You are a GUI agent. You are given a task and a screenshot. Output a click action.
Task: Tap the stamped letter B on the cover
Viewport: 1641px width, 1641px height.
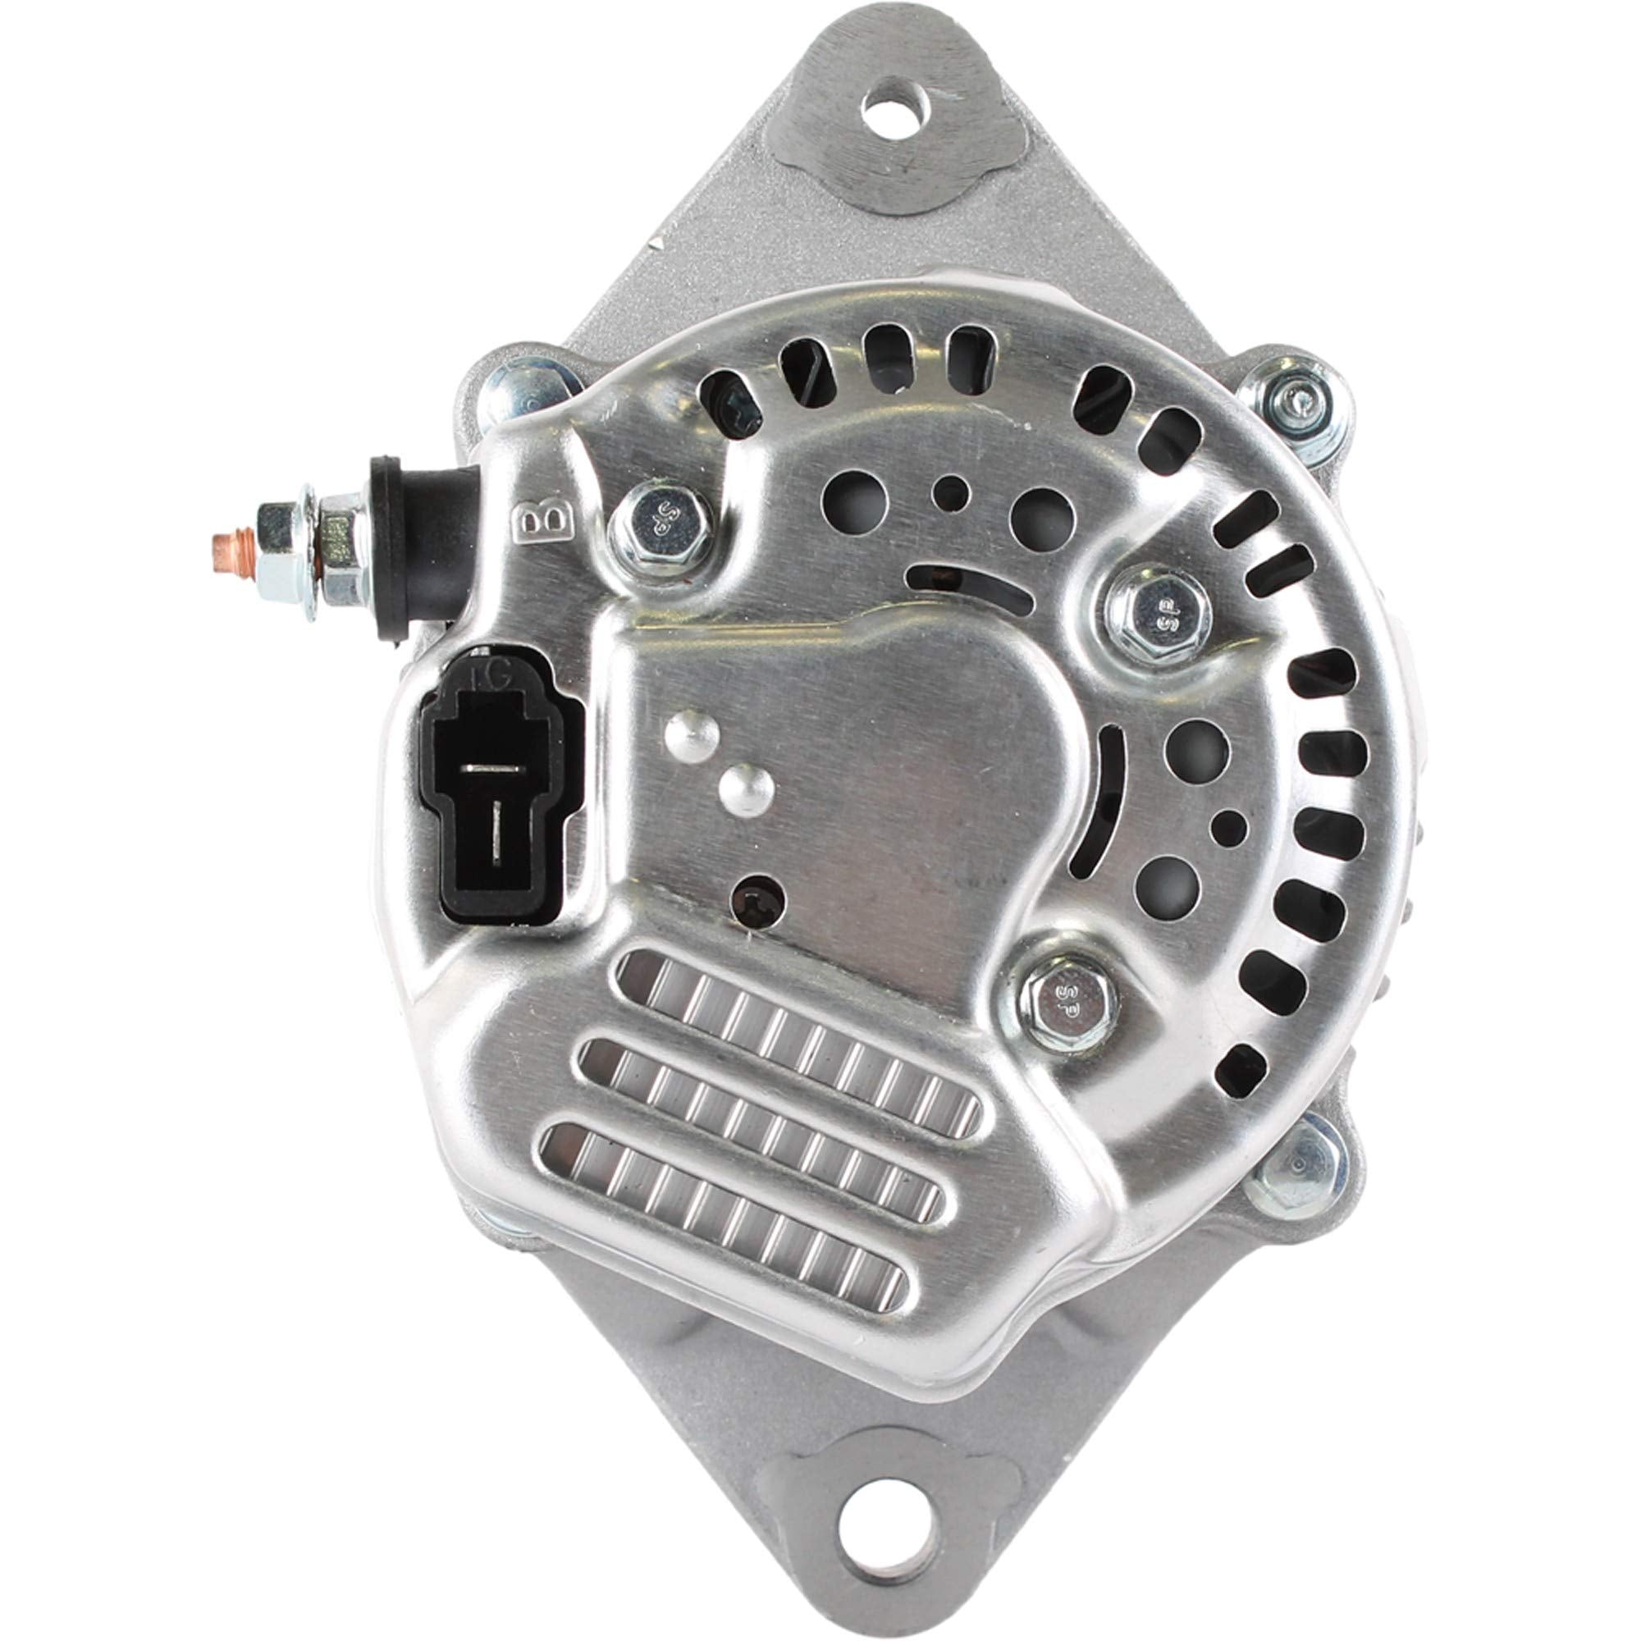[x=541, y=527]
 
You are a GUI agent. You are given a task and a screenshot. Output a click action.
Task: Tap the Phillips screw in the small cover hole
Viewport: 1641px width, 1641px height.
[x=758, y=899]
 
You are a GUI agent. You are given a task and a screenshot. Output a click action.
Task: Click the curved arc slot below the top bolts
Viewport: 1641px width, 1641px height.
[x=976, y=586]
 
